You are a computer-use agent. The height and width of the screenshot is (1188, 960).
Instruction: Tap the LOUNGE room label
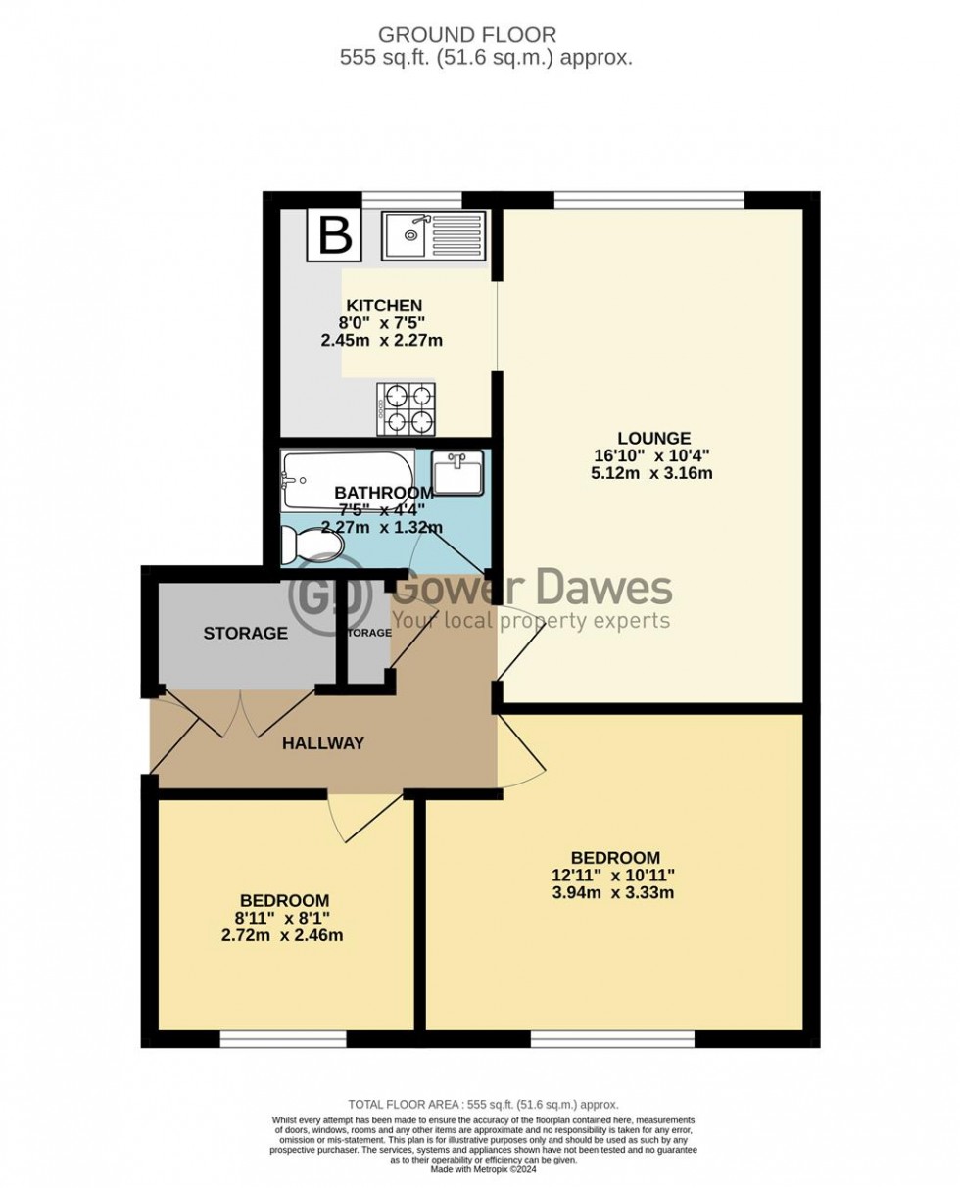click(653, 438)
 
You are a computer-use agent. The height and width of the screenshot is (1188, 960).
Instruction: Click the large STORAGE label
click(245, 633)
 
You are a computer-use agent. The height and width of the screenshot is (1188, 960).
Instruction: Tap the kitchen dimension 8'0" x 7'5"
click(382, 323)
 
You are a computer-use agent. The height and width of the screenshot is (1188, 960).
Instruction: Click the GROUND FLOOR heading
click(480, 36)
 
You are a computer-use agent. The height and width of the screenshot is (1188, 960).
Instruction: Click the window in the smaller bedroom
click(283, 1038)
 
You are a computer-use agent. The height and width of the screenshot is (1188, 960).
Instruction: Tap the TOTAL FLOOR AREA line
click(480, 1104)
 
